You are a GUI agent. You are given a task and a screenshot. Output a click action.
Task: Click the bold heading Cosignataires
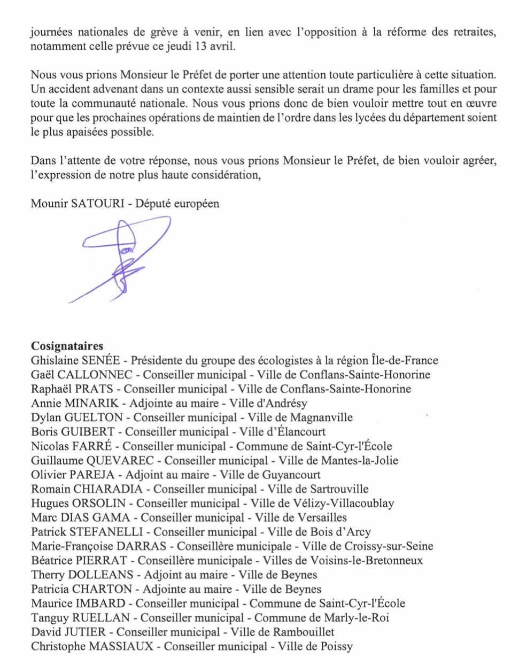click(x=67, y=346)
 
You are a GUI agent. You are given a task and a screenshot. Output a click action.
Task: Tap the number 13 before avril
click(x=201, y=46)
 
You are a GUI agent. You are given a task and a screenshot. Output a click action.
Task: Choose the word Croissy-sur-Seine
click(x=386, y=546)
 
